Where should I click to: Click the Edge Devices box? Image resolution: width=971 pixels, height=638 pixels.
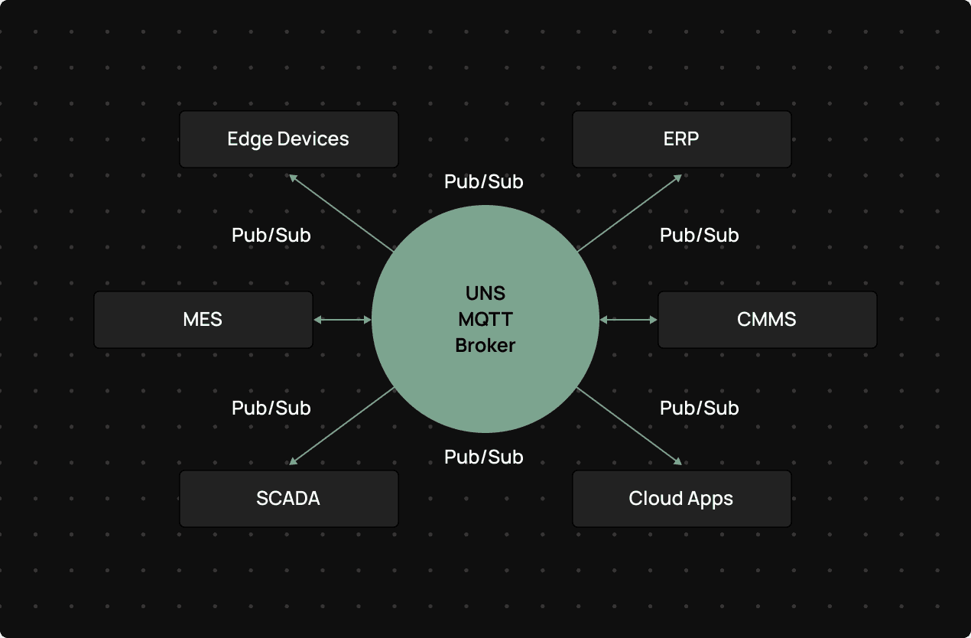point(288,139)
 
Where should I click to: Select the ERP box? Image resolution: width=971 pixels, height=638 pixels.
point(681,139)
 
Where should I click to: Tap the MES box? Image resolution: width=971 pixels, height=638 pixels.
point(203,320)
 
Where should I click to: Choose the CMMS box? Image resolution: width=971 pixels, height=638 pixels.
point(767,320)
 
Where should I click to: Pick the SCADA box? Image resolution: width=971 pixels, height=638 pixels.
point(288,499)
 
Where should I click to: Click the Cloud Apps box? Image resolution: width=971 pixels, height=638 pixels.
point(681,499)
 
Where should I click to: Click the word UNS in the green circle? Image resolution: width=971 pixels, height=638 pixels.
point(485,293)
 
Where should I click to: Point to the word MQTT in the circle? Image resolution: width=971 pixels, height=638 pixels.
point(485,319)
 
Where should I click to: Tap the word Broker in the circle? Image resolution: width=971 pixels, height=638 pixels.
point(485,345)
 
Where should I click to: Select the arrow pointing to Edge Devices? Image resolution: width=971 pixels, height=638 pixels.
point(341,213)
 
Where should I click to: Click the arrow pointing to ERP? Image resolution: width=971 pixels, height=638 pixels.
point(629,213)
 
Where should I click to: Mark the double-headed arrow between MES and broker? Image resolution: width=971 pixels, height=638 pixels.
point(343,320)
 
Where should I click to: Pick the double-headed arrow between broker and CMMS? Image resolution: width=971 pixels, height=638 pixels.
point(628,320)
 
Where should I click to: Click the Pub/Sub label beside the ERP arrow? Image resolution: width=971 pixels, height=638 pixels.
point(699,235)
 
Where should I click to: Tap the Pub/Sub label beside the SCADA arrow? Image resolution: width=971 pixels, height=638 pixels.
point(271,408)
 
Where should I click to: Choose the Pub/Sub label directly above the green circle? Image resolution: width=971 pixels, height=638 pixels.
point(484,181)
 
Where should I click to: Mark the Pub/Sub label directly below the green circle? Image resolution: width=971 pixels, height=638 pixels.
point(484,457)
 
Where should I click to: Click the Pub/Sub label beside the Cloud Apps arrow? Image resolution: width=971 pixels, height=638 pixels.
point(699,408)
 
